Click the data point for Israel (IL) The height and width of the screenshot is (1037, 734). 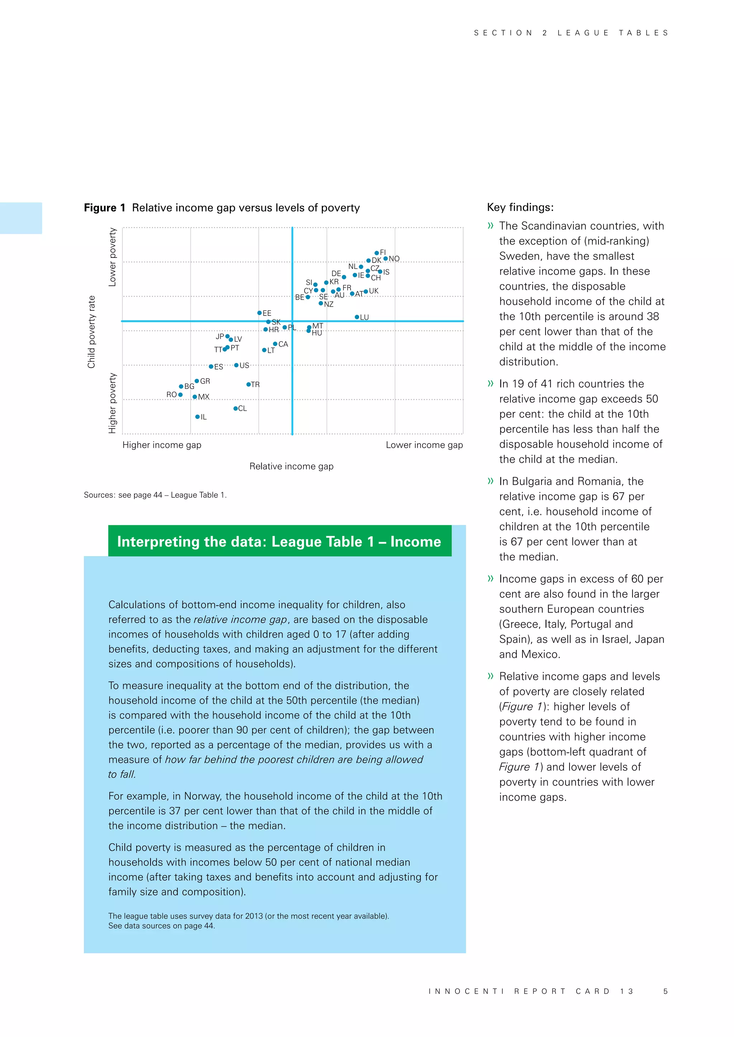coord(197,417)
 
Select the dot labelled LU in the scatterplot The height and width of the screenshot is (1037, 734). coord(357,317)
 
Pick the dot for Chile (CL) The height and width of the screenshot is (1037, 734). coord(235,408)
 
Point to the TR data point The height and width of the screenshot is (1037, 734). coord(248,384)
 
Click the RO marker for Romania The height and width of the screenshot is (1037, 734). coord(180,395)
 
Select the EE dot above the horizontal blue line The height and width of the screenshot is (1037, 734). coord(259,313)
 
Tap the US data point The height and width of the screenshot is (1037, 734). coord(236,365)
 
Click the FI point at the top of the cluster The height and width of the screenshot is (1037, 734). coord(376,253)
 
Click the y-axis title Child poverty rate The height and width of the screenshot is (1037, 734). coord(91,332)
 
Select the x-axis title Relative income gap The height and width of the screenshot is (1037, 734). coord(291,466)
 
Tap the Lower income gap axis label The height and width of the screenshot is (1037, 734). coord(424,445)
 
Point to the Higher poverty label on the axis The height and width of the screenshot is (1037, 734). coord(113,403)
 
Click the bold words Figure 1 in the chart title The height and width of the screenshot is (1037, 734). coord(104,208)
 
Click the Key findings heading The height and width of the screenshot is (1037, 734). coord(520,207)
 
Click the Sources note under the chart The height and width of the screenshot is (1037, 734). coord(155,495)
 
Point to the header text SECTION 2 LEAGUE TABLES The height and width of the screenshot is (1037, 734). coord(571,33)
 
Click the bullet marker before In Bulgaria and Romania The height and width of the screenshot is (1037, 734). coord(490,481)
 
